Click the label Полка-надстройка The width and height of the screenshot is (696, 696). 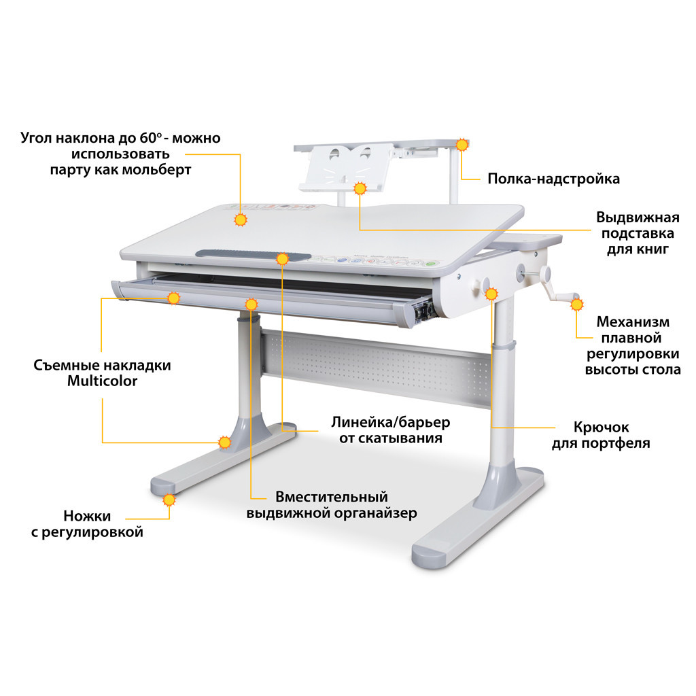[x=553, y=179]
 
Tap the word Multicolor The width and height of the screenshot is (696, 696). [x=102, y=381]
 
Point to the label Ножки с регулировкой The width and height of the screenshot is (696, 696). [x=87, y=524]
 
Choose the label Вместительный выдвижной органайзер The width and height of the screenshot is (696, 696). [x=332, y=505]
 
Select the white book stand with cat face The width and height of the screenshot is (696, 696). [x=338, y=168]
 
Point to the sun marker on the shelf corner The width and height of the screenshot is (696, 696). [x=462, y=144]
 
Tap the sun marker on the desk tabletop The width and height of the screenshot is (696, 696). [x=240, y=220]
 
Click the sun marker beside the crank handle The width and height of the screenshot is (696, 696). [x=577, y=304]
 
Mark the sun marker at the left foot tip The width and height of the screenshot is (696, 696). [x=169, y=500]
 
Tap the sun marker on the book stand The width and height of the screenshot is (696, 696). [x=360, y=188]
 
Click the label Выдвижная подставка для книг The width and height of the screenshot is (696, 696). [x=638, y=233]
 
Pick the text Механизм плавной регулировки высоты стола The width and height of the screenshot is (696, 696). [x=633, y=345]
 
